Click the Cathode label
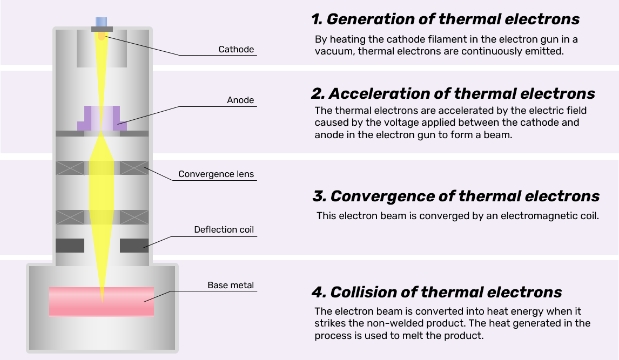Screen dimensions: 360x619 click(236, 50)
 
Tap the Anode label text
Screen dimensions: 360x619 click(240, 100)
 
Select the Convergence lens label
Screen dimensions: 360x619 click(216, 174)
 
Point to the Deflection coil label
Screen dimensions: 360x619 click(224, 230)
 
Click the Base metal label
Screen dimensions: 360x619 click(231, 285)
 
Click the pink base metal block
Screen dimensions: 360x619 click(130, 301)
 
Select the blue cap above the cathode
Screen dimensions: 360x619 click(102, 22)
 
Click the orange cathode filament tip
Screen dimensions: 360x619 click(102, 36)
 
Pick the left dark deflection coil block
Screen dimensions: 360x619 click(70, 246)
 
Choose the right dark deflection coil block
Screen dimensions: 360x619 click(134, 246)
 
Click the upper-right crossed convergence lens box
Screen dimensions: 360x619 click(134, 168)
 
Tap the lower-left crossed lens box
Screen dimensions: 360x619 click(70, 217)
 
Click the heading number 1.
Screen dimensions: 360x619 click(316, 19)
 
